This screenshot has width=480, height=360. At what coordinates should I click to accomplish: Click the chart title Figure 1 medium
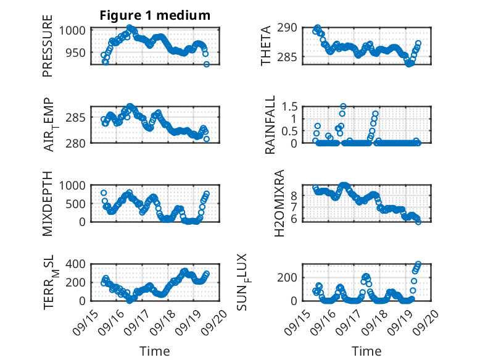coord(155,15)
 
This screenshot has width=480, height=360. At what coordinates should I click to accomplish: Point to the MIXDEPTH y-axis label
coord(48,204)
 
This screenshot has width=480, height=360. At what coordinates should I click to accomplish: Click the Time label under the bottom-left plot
coord(154,351)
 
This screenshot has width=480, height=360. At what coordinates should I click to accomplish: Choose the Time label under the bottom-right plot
coord(366,351)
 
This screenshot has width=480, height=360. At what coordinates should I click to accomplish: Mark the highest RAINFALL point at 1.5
coord(344,106)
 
